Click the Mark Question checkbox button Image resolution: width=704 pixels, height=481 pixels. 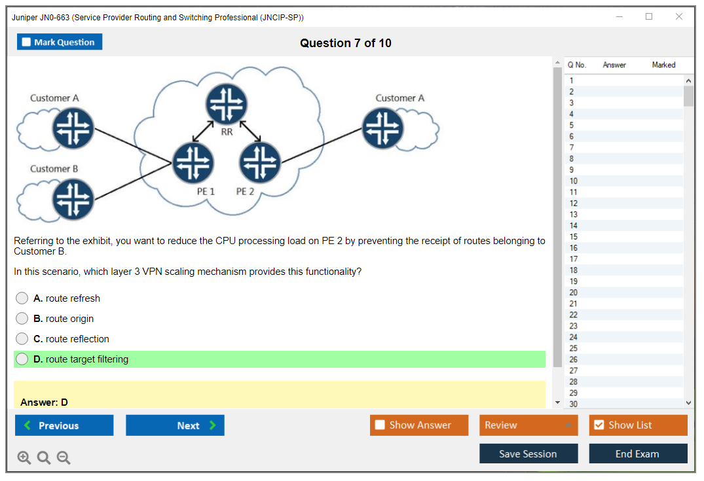[x=59, y=42]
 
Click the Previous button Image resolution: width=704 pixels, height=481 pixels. [x=64, y=425]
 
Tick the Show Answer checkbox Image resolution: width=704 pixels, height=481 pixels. [x=380, y=425]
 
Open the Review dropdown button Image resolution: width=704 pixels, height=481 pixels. [x=528, y=425]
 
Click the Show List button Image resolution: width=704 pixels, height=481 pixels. [x=638, y=425]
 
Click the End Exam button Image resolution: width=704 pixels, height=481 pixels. [x=638, y=454]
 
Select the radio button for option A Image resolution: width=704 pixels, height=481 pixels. [x=22, y=298]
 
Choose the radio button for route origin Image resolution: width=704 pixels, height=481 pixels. [x=22, y=319]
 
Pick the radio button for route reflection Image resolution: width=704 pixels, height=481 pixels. [x=22, y=339]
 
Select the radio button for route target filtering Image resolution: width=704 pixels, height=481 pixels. [x=22, y=359]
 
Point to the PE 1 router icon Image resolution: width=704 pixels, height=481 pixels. [x=193, y=162]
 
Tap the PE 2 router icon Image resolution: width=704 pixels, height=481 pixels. [x=260, y=162]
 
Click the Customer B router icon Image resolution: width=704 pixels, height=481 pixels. [x=73, y=199]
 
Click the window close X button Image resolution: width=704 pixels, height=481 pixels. [x=679, y=17]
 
